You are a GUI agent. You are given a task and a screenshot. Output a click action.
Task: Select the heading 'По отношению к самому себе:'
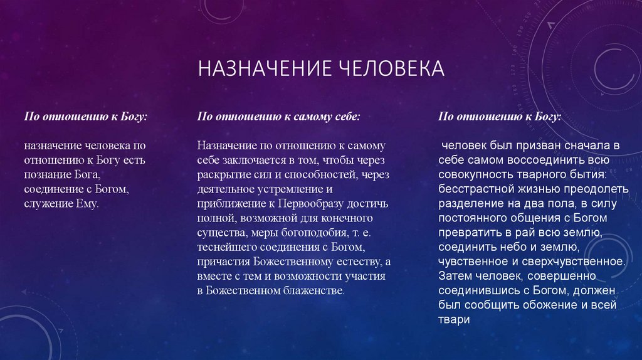click(278, 117)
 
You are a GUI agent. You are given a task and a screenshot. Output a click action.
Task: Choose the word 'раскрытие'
click(220, 175)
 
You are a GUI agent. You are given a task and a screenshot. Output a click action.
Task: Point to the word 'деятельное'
click(228, 189)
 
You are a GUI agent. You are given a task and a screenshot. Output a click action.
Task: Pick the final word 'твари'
click(454, 320)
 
